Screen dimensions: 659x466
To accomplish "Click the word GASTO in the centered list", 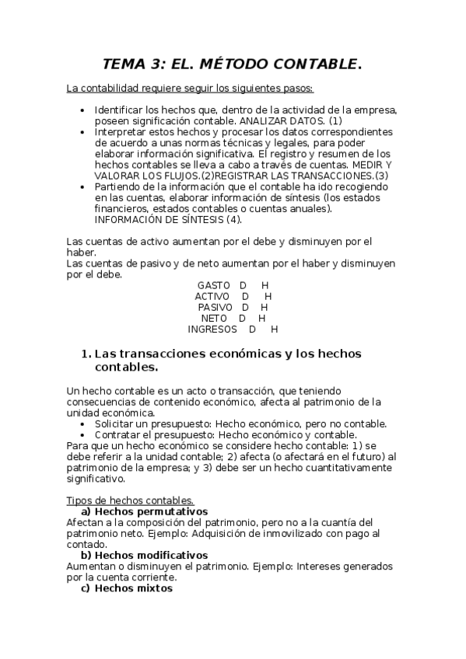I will [x=214, y=285].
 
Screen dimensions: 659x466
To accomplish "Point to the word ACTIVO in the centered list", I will [x=212, y=296].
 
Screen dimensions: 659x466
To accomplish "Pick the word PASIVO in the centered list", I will [x=215, y=307].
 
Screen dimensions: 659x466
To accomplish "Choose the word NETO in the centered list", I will [x=214, y=318].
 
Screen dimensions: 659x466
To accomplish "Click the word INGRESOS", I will [x=212, y=329].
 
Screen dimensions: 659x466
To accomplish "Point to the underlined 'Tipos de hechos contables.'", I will [x=130, y=500].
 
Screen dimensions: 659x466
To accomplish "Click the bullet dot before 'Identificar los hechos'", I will [x=83, y=111].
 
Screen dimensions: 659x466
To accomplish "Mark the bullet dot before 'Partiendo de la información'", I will [x=83, y=187].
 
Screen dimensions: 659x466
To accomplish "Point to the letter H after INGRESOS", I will [x=274, y=329].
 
